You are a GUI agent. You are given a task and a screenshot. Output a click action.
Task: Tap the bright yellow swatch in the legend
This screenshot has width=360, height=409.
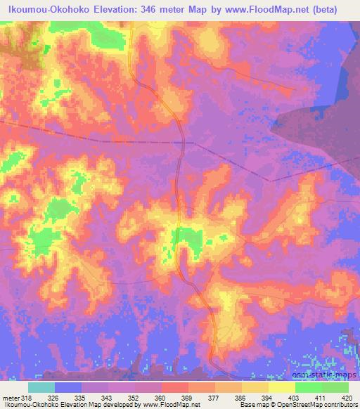pyautogui.click(x=281, y=387)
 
